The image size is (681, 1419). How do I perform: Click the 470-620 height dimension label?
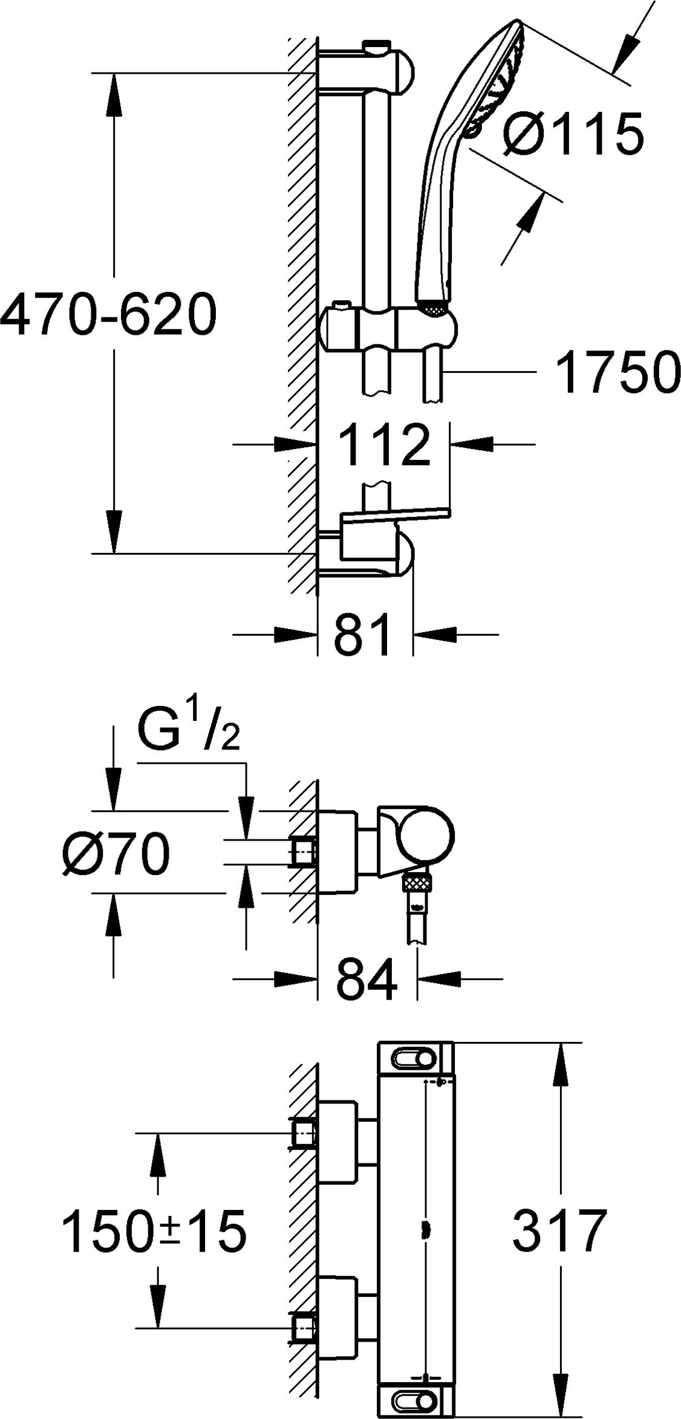pos(108,314)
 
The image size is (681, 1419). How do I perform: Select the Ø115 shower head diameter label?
pos(573,133)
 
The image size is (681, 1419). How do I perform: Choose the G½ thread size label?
pos(187,731)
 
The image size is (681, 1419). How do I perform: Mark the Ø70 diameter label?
pos(116,853)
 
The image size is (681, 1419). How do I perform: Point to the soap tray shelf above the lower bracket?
pos(396,514)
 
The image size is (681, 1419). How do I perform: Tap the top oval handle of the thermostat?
pos(415,1058)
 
